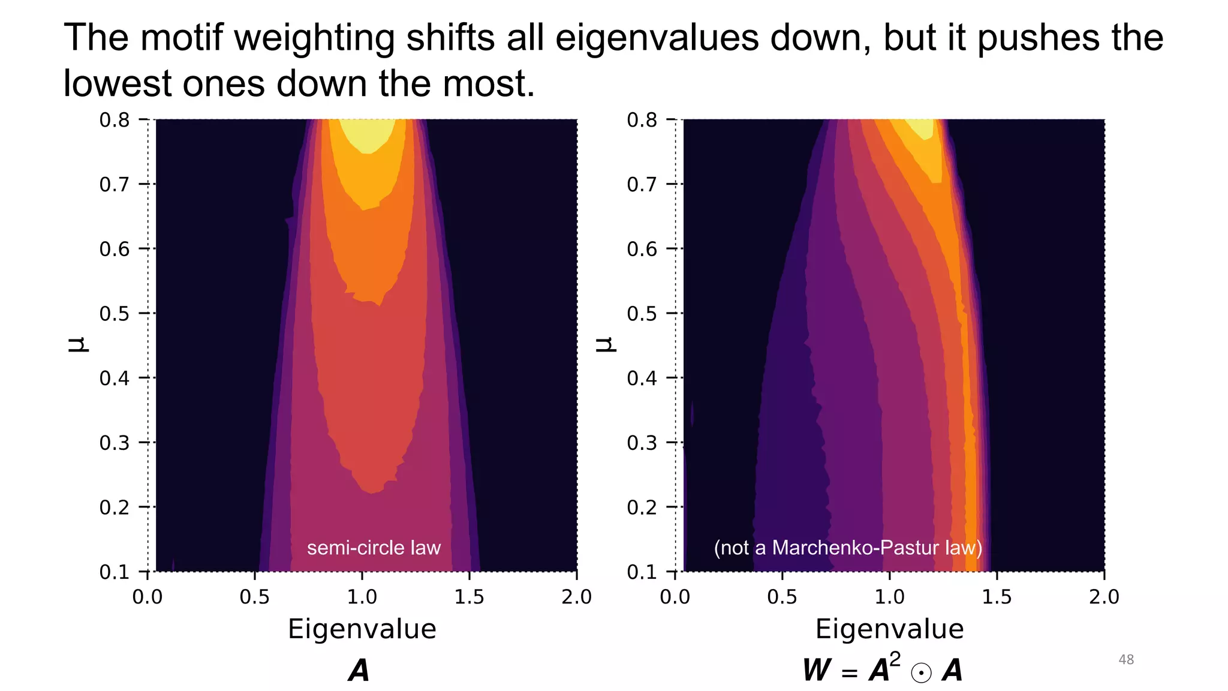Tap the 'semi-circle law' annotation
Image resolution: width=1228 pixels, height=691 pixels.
click(374, 548)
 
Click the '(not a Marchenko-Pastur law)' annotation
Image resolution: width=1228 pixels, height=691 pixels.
click(848, 548)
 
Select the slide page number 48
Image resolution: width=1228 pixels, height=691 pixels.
click(1126, 660)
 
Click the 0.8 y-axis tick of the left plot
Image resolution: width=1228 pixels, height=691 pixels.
click(115, 120)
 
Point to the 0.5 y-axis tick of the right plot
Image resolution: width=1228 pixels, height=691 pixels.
click(642, 314)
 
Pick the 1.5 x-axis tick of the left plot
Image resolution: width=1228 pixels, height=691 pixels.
click(469, 597)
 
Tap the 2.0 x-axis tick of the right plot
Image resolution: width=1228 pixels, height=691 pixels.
click(1104, 597)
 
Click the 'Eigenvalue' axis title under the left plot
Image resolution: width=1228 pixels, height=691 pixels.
click(362, 629)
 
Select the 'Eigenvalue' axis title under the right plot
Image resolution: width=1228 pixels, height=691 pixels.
click(889, 629)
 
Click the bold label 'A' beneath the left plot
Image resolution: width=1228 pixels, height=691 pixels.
click(359, 671)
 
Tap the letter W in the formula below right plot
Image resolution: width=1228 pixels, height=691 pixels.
click(817, 671)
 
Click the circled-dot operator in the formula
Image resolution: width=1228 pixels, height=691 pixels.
click(921, 673)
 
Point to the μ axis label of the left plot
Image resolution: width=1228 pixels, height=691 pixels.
click(78, 344)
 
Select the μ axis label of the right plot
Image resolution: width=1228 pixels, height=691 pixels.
click(606, 344)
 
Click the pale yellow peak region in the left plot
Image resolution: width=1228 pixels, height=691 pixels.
click(367, 133)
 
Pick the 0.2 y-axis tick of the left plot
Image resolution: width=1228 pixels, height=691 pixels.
click(115, 507)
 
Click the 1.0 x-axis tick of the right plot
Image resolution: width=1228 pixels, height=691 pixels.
click(889, 597)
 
